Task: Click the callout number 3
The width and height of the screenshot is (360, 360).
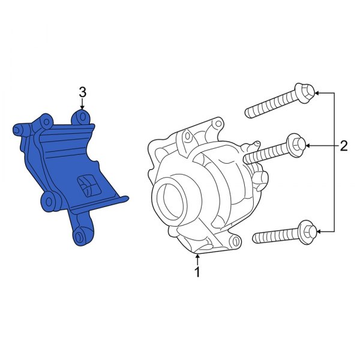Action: click(x=83, y=92)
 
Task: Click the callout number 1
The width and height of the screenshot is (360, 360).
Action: click(x=197, y=273)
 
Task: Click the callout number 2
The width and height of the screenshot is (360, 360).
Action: click(x=344, y=145)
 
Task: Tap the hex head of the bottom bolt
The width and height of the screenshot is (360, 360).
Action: click(x=306, y=230)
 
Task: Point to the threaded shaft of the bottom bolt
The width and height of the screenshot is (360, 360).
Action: click(x=274, y=236)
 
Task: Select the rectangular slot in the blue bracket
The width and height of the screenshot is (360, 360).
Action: click(x=86, y=185)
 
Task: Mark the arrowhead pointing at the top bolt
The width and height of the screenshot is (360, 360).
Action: click(x=317, y=93)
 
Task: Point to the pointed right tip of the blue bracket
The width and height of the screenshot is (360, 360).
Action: click(x=128, y=196)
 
